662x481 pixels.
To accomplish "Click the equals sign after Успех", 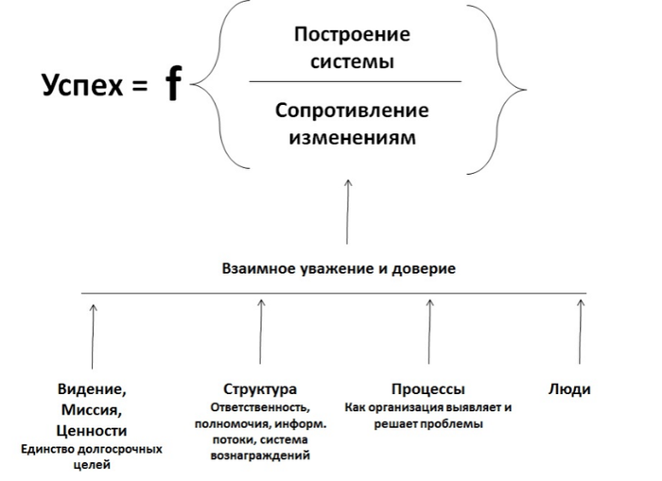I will click(140, 87).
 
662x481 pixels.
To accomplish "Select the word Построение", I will click(353, 36).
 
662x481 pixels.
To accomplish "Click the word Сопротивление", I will click(352, 111).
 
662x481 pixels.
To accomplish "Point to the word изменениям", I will click(352, 137).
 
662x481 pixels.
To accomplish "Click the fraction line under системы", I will click(355, 82).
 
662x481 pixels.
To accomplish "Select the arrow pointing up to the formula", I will click(349, 212).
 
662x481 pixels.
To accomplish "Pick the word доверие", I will click(424, 269).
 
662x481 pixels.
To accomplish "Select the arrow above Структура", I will click(261, 335).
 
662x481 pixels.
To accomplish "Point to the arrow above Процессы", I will click(429, 335).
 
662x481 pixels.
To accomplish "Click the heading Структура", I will click(260, 389).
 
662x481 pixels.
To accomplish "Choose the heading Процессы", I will click(427, 389).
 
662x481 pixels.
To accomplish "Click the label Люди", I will click(569, 389).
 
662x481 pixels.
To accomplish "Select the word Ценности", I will click(92, 430).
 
